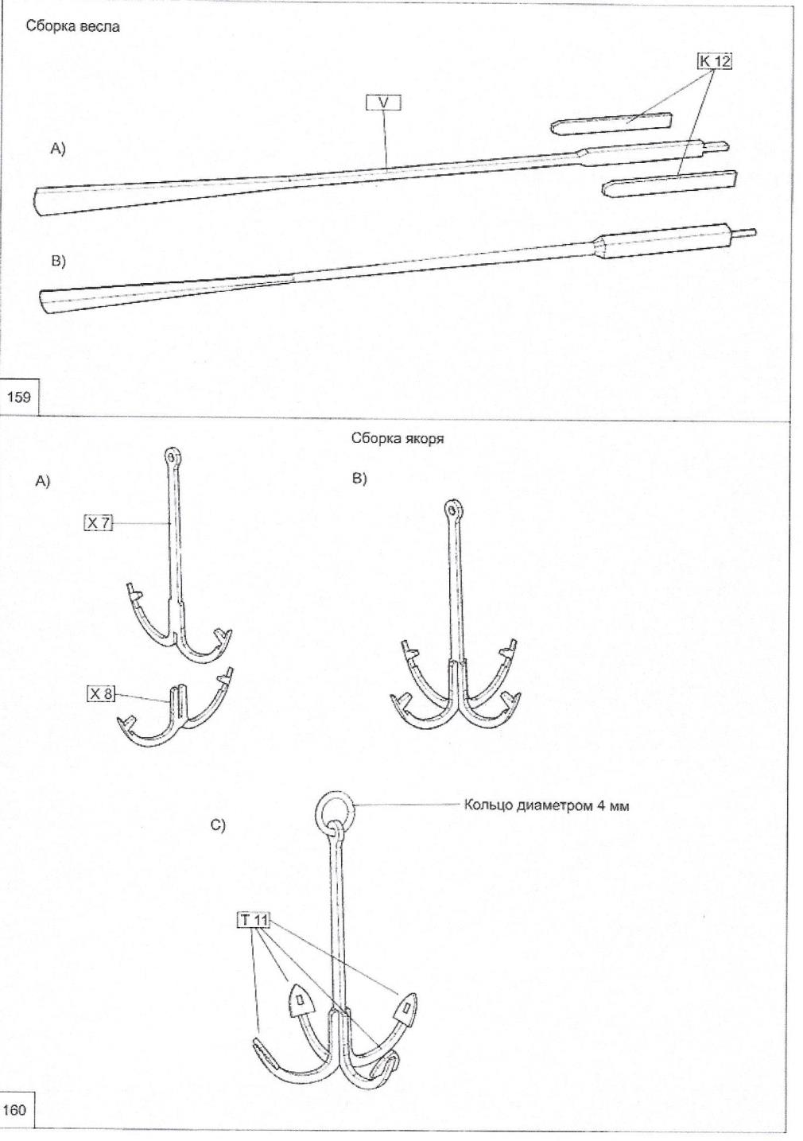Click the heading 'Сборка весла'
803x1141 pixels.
[x=72, y=27]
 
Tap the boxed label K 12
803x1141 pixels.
[x=714, y=61]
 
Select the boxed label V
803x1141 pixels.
[x=382, y=103]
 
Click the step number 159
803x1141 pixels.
[x=18, y=395]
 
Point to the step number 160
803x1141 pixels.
[x=15, y=1108]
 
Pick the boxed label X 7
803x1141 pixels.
[x=99, y=522]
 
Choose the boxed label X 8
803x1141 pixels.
[x=101, y=694]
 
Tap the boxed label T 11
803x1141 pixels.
[x=254, y=921]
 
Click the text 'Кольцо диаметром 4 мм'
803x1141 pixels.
[x=546, y=805]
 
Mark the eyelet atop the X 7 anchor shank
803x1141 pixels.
[x=174, y=457]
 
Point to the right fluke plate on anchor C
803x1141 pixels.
[x=405, y=1008]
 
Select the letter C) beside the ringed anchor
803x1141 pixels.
[x=218, y=825]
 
